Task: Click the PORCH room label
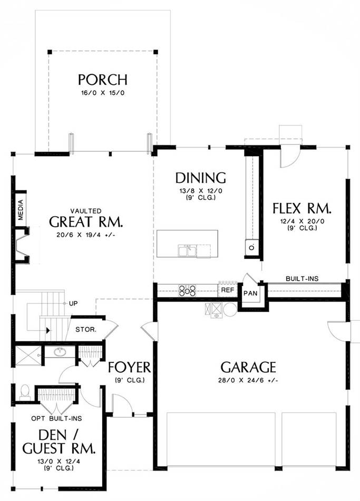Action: (x=103, y=80)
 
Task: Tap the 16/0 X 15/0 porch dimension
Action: (x=103, y=93)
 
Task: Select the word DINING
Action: (x=201, y=178)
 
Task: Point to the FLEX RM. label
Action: (x=302, y=208)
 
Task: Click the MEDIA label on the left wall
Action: (x=21, y=209)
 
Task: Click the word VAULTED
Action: (x=86, y=211)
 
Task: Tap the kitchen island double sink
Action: (x=187, y=250)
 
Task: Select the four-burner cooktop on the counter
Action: (x=187, y=291)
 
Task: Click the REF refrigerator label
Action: (x=228, y=290)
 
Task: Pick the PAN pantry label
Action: (x=250, y=293)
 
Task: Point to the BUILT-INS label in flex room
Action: (x=302, y=278)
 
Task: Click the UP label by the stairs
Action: (x=73, y=303)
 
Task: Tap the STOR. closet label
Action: (x=86, y=329)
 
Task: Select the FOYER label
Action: (x=129, y=368)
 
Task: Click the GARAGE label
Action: (x=248, y=367)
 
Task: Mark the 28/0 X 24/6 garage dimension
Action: (x=248, y=381)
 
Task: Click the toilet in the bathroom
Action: (x=25, y=392)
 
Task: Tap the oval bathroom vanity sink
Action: (x=59, y=352)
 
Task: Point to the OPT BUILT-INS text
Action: (x=56, y=418)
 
